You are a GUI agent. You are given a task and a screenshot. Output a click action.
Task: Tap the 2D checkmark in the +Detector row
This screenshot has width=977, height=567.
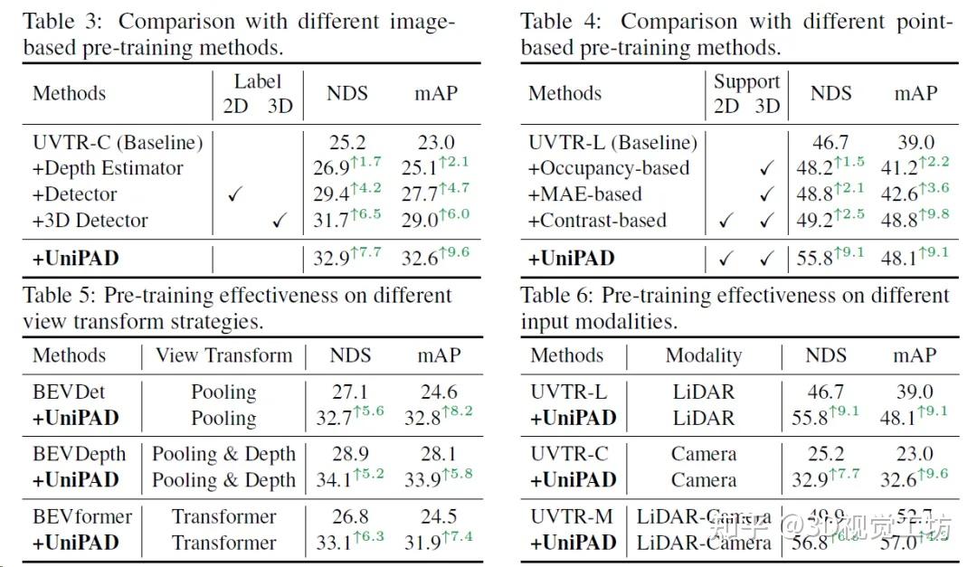(x=234, y=194)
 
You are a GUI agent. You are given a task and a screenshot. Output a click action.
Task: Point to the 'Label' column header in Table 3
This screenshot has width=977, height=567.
(x=258, y=82)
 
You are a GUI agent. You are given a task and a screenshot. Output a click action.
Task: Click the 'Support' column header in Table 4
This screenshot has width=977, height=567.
(x=746, y=82)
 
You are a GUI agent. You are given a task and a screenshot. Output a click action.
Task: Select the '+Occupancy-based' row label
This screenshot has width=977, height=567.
(x=609, y=168)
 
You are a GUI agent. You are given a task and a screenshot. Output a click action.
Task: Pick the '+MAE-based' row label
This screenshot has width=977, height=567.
(x=585, y=194)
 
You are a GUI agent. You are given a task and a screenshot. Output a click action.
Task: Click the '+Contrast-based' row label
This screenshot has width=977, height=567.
(x=597, y=221)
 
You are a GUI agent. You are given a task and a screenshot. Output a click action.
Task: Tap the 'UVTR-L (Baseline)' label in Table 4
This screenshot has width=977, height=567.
(x=613, y=142)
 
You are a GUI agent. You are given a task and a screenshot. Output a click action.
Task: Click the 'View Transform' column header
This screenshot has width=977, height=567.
(x=223, y=355)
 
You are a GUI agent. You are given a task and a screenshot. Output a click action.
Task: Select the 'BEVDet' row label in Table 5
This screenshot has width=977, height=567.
(x=69, y=392)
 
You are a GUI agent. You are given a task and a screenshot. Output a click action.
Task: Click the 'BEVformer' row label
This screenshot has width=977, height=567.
(x=82, y=516)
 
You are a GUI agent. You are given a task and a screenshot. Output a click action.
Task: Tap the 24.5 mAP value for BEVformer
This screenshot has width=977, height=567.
(x=438, y=516)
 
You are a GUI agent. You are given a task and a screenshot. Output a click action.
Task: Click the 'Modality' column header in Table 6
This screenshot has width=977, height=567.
(x=703, y=355)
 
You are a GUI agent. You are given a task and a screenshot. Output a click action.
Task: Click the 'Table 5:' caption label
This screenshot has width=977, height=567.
(x=59, y=296)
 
